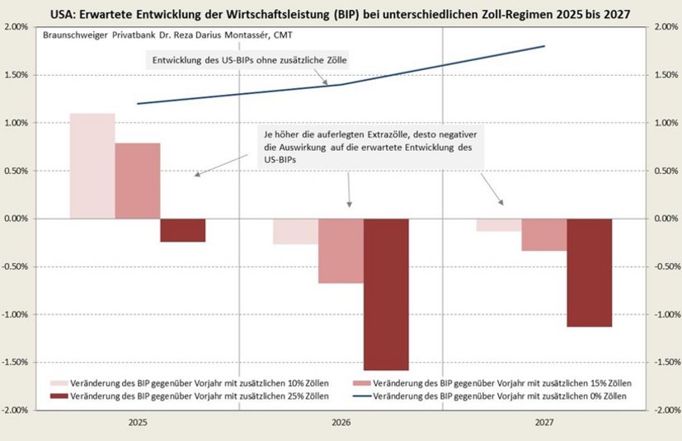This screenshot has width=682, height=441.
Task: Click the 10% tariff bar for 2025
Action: [92, 166]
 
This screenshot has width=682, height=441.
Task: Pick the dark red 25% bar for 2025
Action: [183, 230]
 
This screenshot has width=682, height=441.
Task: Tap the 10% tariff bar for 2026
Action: [296, 232]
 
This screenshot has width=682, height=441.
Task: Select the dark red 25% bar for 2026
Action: [386, 294]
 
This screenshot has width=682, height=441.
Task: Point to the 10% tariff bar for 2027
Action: [499, 225]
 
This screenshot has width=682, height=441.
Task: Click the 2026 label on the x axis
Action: [341, 423]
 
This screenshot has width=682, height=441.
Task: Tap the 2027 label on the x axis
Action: [544, 423]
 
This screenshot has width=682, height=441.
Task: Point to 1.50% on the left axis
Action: [16, 75]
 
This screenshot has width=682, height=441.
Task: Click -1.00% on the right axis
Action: [666, 315]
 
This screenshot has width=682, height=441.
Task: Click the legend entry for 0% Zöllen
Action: [497, 396]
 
